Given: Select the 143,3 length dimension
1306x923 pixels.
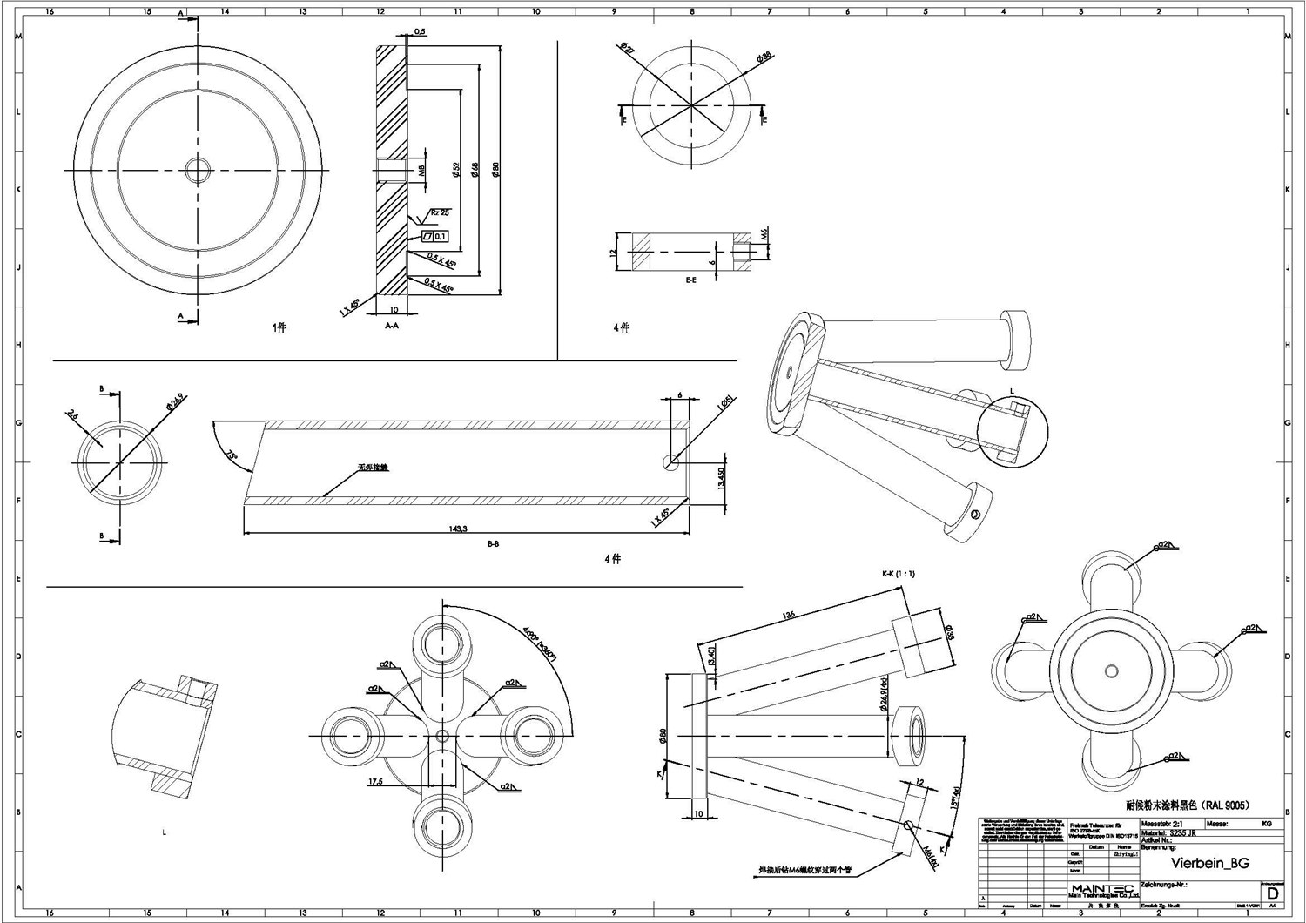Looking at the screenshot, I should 460,529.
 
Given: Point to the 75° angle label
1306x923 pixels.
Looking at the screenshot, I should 232,456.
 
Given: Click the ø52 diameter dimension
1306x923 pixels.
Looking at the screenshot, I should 455,171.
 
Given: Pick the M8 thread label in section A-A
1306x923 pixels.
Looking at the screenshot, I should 421,171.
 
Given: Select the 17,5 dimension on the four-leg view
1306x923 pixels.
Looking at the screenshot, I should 376,782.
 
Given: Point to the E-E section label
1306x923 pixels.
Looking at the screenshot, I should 690,280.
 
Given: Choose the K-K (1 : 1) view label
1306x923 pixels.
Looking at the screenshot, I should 898,574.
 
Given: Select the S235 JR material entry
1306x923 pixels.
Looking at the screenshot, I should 1182,832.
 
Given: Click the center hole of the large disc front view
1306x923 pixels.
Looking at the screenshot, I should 199,168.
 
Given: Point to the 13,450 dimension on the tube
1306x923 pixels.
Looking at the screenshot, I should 721,480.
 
